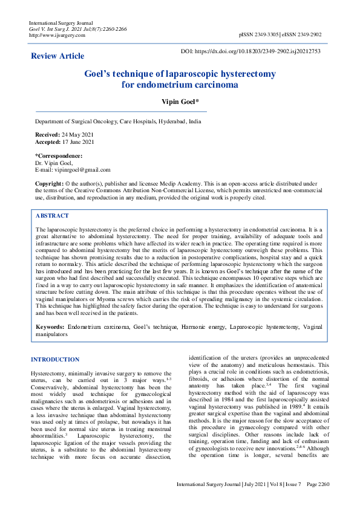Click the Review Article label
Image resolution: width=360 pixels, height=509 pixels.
pyautogui.click(x=57, y=56)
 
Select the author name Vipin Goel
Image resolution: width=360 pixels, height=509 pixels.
pyautogui.click(x=179, y=102)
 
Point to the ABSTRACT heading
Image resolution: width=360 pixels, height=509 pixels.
pyautogui.click(x=52, y=216)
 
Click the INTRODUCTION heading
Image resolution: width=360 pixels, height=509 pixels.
pyautogui.click(x=55, y=360)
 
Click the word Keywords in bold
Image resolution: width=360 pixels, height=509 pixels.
pyautogui.click(x=50, y=326)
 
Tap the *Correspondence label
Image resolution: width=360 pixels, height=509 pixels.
pyautogui.click(x=59, y=156)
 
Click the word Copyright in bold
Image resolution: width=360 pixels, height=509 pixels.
pyautogui.click(x=49, y=183)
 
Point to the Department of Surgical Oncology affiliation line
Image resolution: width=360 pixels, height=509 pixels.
pyautogui.click(x=119, y=122)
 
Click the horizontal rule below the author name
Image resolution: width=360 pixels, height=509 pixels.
pyautogui.click(x=121, y=111)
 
